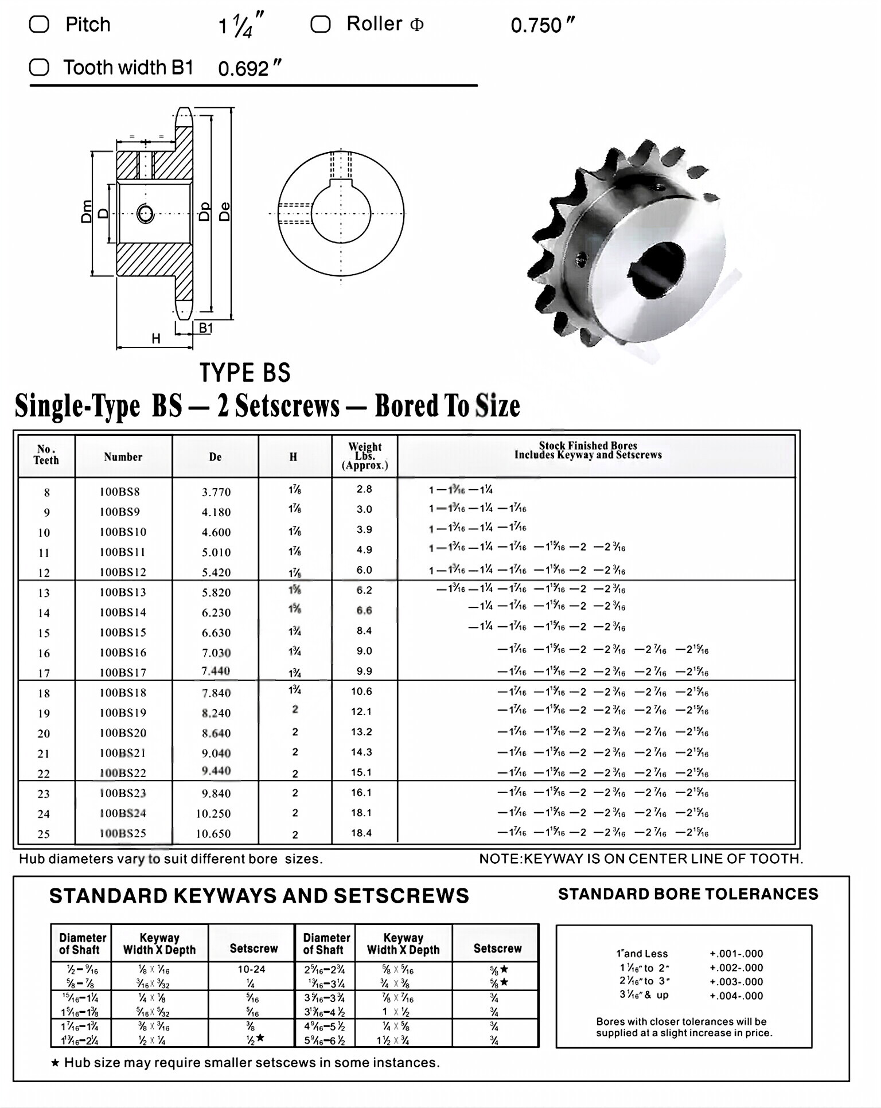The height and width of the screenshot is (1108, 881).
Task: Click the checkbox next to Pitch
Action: (39, 25)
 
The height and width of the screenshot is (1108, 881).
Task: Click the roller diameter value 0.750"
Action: (542, 26)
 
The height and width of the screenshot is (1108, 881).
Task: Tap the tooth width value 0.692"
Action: (250, 69)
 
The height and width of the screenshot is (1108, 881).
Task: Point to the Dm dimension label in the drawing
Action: (86, 212)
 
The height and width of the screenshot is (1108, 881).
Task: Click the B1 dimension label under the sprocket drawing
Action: (205, 328)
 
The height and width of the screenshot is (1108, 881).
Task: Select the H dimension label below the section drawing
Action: (156, 339)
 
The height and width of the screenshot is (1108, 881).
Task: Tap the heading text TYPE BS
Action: (245, 373)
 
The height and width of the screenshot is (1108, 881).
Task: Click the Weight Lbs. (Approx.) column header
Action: (365, 456)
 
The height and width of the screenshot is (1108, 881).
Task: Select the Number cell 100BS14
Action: (123, 612)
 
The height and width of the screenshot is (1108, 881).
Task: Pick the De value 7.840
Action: (216, 693)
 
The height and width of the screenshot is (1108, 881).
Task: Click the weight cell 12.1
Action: (361, 712)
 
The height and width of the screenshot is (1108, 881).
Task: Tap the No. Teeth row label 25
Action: (44, 834)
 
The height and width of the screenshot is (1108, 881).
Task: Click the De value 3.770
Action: (216, 492)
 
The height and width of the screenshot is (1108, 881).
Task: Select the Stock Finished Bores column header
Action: (588, 450)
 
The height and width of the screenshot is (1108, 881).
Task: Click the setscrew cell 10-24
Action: (251, 969)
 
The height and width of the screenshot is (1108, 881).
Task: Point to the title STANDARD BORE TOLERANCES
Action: (688, 894)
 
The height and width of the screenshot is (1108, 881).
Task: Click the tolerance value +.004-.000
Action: (736, 996)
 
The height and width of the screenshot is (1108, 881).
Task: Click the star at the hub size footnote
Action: (55, 1063)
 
